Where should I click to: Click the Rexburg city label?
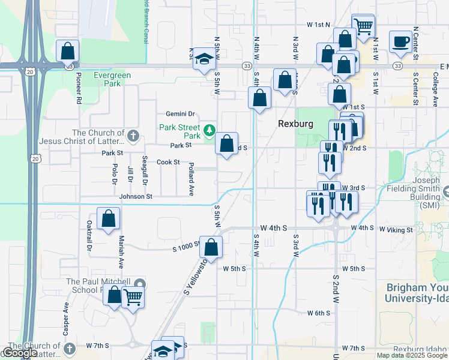tap(297, 123)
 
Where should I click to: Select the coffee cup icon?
tap(400, 42)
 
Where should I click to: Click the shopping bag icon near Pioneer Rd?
tap(68, 50)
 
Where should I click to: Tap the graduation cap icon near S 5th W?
tap(205, 59)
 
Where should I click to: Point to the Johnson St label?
tap(136, 196)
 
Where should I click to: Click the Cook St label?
tap(168, 162)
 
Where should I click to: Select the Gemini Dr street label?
tap(181, 114)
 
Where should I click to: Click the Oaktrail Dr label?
tap(89, 235)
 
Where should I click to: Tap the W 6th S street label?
tap(319, 313)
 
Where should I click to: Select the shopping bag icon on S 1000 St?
tap(211, 247)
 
